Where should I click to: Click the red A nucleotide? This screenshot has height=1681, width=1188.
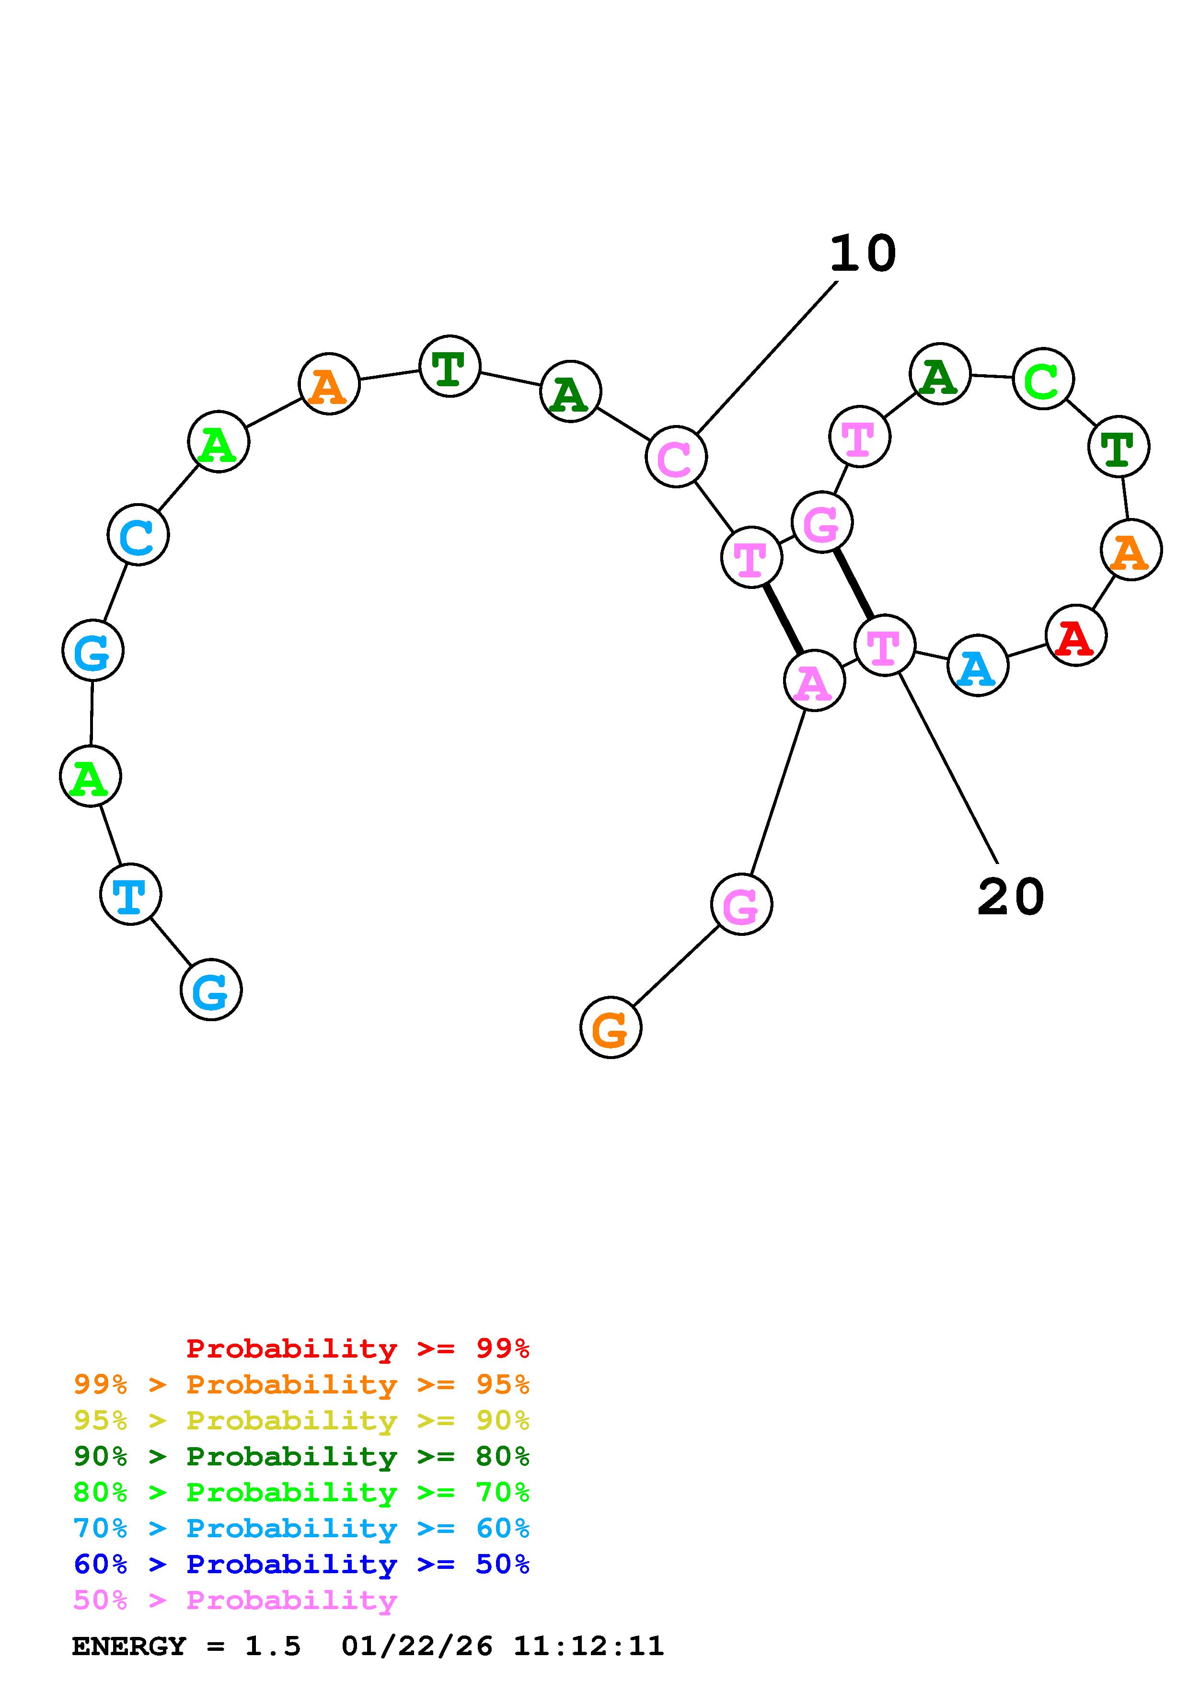coord(1075,635)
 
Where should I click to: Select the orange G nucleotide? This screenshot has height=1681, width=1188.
coord(611,1028)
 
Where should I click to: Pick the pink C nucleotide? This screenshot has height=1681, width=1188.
coord(676,457)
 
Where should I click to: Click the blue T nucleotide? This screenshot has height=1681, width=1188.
coord(130,894)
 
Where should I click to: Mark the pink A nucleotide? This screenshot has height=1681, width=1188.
coord(814,681)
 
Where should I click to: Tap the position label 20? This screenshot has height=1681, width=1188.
coord(1011,897)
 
